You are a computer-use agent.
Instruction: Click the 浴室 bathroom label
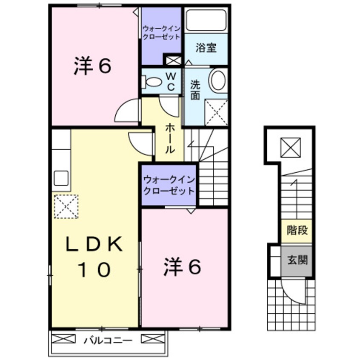[206, 48]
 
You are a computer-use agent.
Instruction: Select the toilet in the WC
[151, 80]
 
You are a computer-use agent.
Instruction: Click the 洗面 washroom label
[195, 90]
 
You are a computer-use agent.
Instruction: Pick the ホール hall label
[169, 138]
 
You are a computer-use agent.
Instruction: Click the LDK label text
[95, 245]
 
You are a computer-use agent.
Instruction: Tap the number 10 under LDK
[95, 269]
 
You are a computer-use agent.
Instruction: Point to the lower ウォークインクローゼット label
[169, 185]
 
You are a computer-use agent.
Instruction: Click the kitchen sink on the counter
[62, 178]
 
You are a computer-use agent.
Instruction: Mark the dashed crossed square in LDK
[66, 206]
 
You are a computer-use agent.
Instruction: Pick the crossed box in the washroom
[216, 112]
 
